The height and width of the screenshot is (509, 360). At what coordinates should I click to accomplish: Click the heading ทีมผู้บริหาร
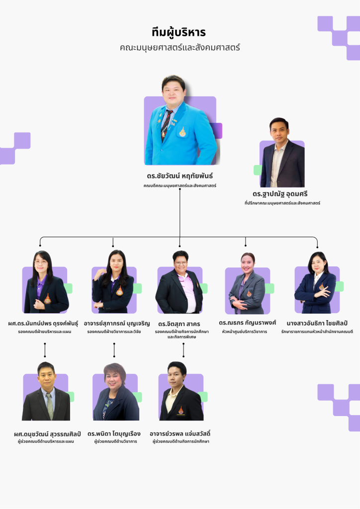pyautogui.click(x=179, y=33)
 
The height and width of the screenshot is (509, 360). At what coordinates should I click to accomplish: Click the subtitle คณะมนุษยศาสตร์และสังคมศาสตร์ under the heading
pyautogui.click(x=180, y=48)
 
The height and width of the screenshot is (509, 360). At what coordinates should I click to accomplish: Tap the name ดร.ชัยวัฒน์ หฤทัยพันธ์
pyautogui.click(x=180, y=176)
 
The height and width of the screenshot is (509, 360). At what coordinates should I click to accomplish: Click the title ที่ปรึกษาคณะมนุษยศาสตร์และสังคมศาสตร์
pyautogui.click(x=282, y=203)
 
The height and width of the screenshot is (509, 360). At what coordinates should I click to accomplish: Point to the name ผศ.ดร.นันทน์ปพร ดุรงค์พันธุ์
pyautogui.click(x=44, y=323)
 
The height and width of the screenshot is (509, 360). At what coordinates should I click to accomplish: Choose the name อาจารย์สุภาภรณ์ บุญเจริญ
pyautogui.click(x=116, y=323)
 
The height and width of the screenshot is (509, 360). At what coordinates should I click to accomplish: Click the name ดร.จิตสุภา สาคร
pyautogui.click(x=179, y=324)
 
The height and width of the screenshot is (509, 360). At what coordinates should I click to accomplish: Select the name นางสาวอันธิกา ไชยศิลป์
pyautogui.click(x=317, y=323)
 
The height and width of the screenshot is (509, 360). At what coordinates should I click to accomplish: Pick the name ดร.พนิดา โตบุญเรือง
pyautogui.click(x=114, y=433)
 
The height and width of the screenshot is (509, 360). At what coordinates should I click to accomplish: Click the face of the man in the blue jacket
pyautogui.click(x=174, y=91)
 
